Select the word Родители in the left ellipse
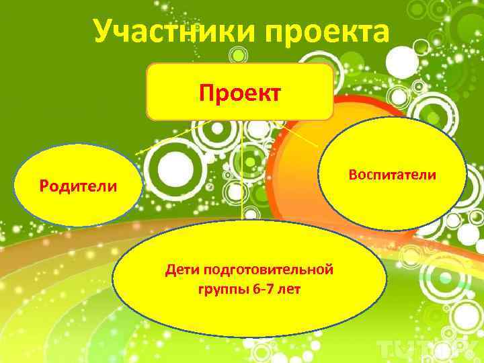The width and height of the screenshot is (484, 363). click(77, 186)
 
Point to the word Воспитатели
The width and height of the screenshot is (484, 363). click(393, 175)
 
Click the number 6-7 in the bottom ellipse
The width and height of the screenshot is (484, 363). click(262, 290)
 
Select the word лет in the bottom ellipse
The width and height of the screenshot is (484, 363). click(290, 290)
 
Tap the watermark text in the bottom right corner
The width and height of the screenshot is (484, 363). click(430, 346)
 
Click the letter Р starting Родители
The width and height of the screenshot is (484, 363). click(44, 186)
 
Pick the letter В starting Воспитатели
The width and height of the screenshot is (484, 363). click(354, 175)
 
